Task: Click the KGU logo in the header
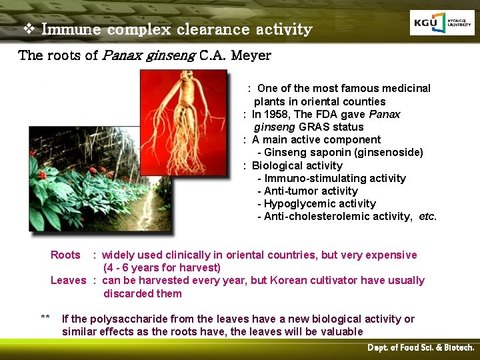click(442, 23)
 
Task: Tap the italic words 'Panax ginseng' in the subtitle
click(149, 55)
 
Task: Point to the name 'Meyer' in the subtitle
click(249, 55)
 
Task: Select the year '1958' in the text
click(279, 114)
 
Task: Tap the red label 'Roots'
click(65, 255)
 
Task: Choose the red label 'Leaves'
click(68, 280)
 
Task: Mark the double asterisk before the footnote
click(45, 318)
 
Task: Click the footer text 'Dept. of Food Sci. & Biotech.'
click(421, 348)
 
